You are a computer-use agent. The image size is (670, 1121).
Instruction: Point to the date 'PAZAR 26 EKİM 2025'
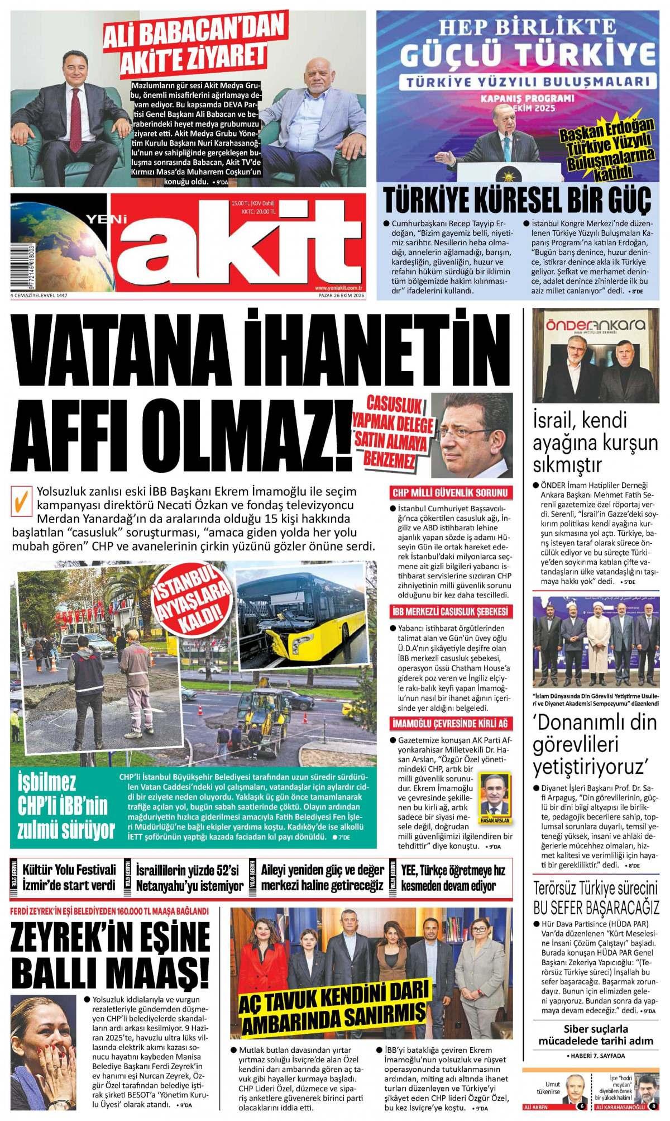(341, 295)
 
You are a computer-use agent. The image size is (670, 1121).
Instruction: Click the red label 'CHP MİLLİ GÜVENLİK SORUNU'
(450, 492)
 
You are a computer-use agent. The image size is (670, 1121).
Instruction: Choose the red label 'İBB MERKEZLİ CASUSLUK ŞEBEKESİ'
(450, 611)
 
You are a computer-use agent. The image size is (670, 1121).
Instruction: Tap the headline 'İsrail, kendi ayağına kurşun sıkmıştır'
(595, 442)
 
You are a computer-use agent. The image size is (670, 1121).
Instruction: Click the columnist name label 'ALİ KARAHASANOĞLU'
(620, 1107)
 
